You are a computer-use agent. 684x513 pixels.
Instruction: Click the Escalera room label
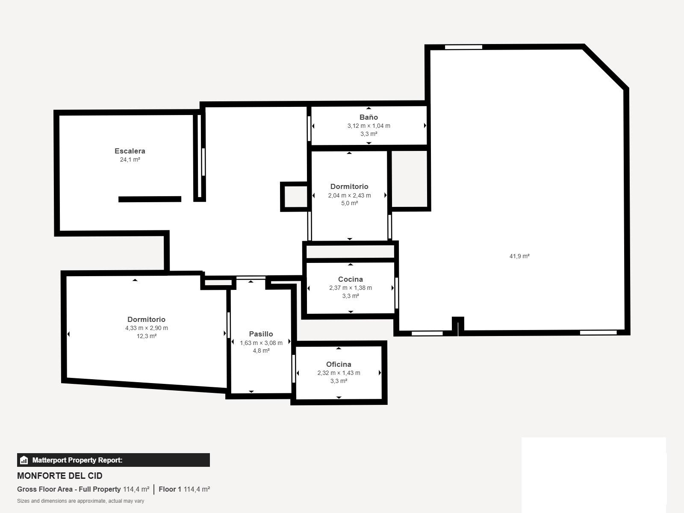pos(130,151)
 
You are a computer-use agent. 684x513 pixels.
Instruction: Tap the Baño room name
pos(369,117)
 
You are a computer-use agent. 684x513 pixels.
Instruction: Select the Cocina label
pos(350,279)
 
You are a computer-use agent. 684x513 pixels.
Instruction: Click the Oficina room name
pos(339,364)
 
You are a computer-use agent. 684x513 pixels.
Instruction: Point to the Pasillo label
pos(261,334)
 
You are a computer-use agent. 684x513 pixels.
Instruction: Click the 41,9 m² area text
pos(519,256)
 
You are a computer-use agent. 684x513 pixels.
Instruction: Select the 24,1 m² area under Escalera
pos(130,159)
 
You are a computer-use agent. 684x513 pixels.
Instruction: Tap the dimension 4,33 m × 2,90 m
pos(146,328)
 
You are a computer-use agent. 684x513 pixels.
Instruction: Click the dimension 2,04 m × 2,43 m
pos(349,195)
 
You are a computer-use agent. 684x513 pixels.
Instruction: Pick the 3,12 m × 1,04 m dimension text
pos(369,126)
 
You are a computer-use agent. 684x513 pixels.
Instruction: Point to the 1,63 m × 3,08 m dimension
pos(261,343)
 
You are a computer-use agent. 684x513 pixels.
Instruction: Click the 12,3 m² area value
pos(146,336)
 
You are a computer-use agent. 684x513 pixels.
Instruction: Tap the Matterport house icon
pos(24,460)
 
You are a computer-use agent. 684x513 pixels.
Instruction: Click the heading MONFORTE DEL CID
pos(60,476)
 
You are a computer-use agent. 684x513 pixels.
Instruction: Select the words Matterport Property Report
pos(77,460)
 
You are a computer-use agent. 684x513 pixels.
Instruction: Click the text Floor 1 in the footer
pos(170,489)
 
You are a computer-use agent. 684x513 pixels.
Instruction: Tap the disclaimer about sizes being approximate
pos(80,501)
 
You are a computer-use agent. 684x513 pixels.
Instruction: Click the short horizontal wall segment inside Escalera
pos(150,199)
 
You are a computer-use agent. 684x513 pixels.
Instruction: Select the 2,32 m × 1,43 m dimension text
pos(339,373)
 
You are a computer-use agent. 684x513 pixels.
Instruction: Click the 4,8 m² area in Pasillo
pos(261,351)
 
